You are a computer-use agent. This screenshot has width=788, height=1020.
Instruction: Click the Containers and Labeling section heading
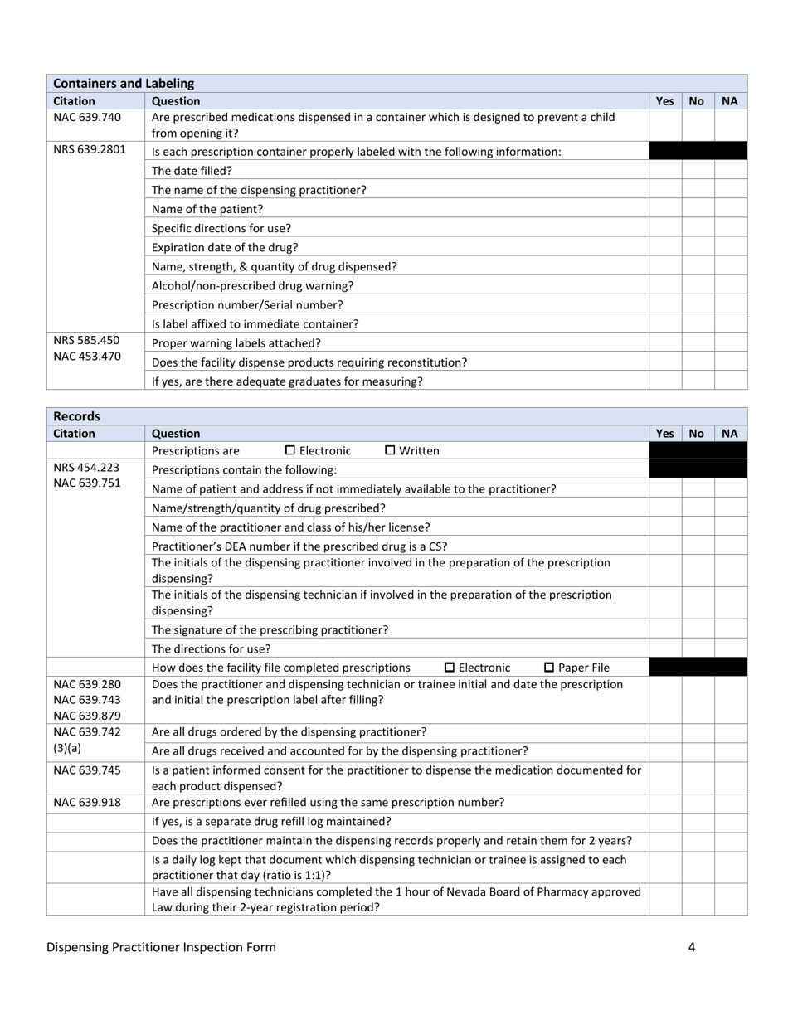coord(124,83)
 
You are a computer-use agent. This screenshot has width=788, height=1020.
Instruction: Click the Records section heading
coord(76,416)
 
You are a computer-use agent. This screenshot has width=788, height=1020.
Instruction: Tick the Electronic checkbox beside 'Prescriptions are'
coord(290,450)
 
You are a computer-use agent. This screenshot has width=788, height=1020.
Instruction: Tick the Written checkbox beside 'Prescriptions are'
coord(390,450)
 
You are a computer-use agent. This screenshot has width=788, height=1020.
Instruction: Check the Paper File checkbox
coord(549,668)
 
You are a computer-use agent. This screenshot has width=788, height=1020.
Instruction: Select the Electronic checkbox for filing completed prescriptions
coord(450,668)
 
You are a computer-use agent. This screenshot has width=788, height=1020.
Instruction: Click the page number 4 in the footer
coord(691,947)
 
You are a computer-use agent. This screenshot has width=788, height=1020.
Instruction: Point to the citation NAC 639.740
coord(87,117)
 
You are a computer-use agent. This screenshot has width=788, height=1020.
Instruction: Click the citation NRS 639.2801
coord(90,151)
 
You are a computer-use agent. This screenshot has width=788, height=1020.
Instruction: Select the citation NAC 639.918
coord(87,803)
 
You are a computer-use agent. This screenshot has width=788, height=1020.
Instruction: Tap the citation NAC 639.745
coord(87,770)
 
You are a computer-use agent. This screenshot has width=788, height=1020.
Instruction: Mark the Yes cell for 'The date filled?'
coord(665,171)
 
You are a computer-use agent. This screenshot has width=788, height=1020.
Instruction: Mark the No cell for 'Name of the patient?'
coord(698,209)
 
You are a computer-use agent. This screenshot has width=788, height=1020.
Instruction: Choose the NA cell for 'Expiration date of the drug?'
coord(730,247)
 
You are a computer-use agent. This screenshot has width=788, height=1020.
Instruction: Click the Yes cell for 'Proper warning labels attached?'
coord(665,343)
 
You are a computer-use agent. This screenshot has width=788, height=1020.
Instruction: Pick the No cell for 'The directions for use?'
coord(698,648)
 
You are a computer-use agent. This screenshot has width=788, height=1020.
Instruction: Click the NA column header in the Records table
coord(730,433)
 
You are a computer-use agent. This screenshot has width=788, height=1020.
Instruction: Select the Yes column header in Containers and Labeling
coord(665,100)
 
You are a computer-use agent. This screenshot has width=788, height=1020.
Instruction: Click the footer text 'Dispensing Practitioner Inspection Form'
coord(161,947)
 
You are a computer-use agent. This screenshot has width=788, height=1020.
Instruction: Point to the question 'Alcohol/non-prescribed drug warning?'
coord(252,286)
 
